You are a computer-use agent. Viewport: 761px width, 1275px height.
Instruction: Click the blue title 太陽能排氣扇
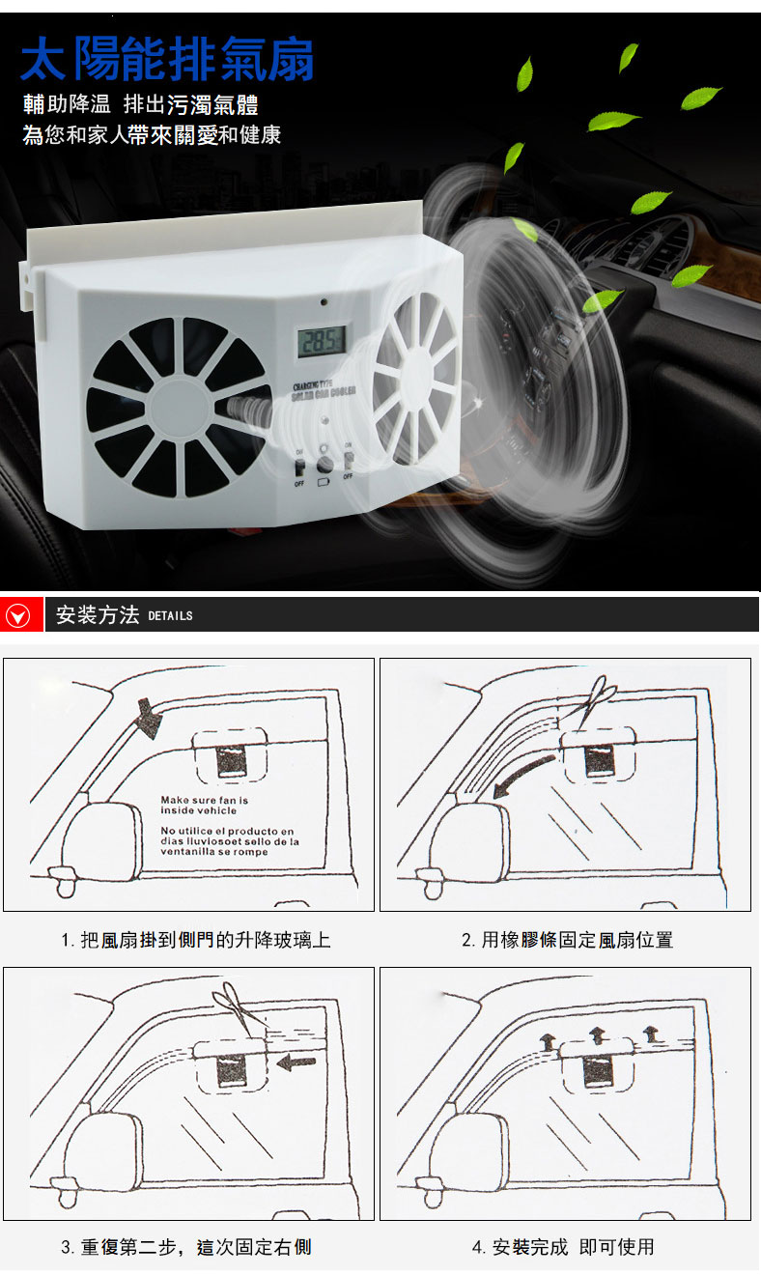click(x=166, y=61)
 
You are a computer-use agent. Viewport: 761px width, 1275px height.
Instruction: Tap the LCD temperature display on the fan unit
click(x=322, y=340)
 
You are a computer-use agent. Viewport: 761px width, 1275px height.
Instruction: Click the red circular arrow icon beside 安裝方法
click(x=18, y=615)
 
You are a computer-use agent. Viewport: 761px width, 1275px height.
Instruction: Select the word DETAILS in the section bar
click(x=171, y=616)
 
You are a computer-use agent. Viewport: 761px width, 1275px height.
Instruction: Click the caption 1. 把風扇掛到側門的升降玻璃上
click(x=195, y=940)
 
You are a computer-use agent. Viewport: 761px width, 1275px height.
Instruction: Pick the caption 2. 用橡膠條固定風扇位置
click(x=567, y=940)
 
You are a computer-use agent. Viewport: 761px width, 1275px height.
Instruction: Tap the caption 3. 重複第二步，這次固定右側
click(x=186, y=1247)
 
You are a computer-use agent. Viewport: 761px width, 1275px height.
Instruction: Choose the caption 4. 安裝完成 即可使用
click(x=563, y=1247)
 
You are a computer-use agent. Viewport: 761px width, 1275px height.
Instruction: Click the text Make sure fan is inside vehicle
click(x=205, y=806)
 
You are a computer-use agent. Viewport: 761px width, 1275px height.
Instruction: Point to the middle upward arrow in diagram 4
click(x=598, y=1034)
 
